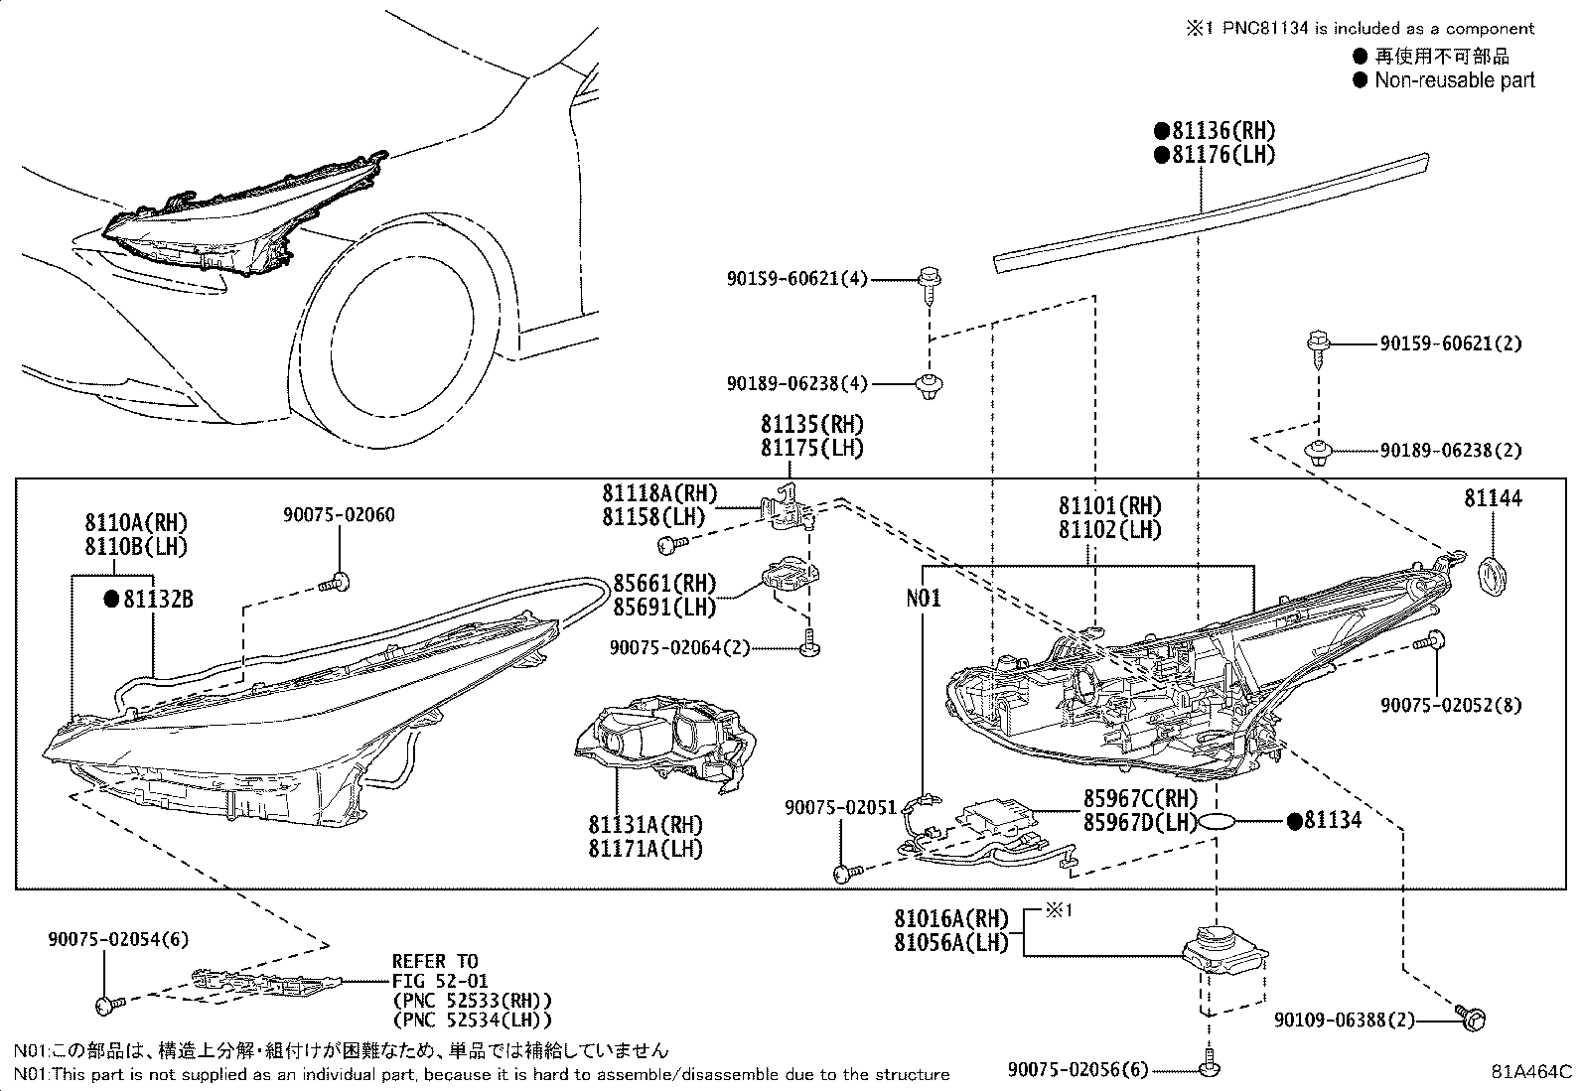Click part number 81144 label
(1493, 498)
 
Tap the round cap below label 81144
(1492, 576)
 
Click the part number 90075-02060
(339, 514)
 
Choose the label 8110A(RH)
(136, 523)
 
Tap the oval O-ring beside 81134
(1217, 821)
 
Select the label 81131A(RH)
(646, 824)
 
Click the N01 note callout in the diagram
(924, 599)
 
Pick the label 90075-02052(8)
(1451, 705)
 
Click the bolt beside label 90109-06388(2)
(1471, 1019)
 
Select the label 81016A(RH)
(951, 918)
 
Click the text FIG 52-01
(440, 981)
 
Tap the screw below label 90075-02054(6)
(109, 1004)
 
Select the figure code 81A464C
(1531, 1072)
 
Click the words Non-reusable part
(1455, 79)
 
